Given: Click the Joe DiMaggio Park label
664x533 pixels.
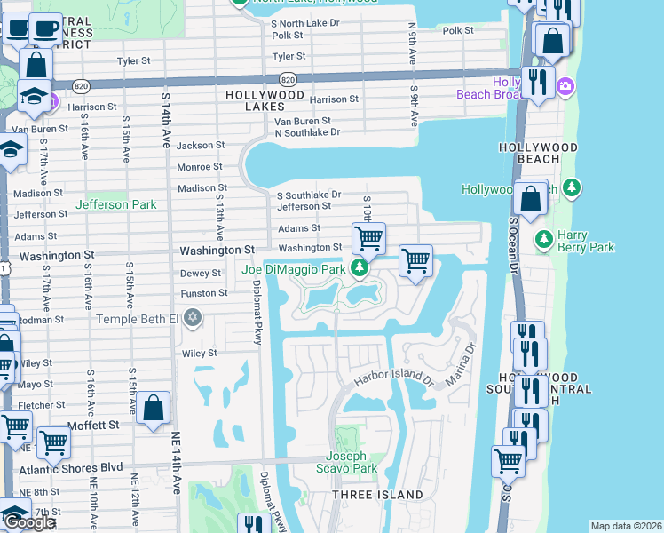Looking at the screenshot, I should pyautogui.click(x=292, y=268).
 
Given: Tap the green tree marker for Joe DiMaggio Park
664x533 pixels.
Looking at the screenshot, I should pyautogui.click(x=360, y=267).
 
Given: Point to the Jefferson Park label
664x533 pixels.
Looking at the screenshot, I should pyautogui.click(x=115, y=204).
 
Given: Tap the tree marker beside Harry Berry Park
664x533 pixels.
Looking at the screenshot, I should pyautogui.click(x=543, y=239).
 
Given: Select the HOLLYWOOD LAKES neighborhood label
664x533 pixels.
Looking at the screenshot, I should pyautogui.click(x=265, y=100).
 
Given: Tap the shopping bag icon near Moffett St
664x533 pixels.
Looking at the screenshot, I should pyautogui.click(x=154, y=408).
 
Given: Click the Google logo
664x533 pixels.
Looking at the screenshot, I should pyautogui.click(x=29, y=522).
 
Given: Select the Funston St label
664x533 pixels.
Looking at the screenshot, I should pyautogui.click(x=204, y=292).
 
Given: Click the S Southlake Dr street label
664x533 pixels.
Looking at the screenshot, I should pyautogui.click(x=309, y=195).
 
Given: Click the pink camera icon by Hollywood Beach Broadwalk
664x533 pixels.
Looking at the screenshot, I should pyautogui.click(x=565, y=86).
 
